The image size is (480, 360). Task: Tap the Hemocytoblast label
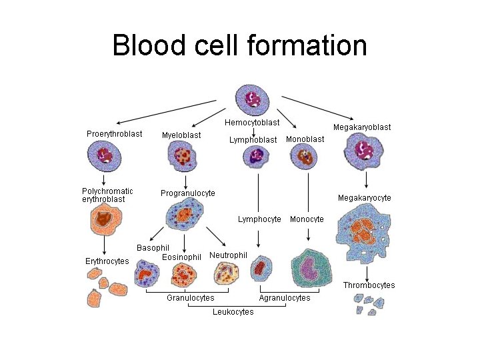pyautogui.click(x=252, y=123)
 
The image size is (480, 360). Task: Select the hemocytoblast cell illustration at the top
pyautogui.click(x=252, y=99)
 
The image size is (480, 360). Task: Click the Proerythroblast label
pyautogui.click(x=114, y=134)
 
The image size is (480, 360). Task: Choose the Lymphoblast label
pyautogui.click(x=253, y=140)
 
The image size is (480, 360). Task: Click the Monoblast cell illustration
pyautogui.click(x=304, y=157)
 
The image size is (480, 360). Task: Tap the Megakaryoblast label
pyautogui.click(x=362, y=127)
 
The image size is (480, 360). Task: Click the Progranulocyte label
pyautogui.click(x=188, y=193)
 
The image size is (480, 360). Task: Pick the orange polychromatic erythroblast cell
pyautogui.click(x=105, y=219)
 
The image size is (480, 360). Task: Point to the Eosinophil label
pyautogui.click(x=181, y=257)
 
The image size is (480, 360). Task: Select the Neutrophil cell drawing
pyautogui.click(x=225, y=272)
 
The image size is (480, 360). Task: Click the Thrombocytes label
pyautogui.click(x=369, y=285)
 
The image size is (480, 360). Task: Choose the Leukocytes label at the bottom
pyautogui.click(x=233, y=312)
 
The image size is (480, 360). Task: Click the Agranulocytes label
pyautogui.click(x=284, y=298)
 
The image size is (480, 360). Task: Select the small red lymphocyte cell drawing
pyautogui.click(x=260, y=269)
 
